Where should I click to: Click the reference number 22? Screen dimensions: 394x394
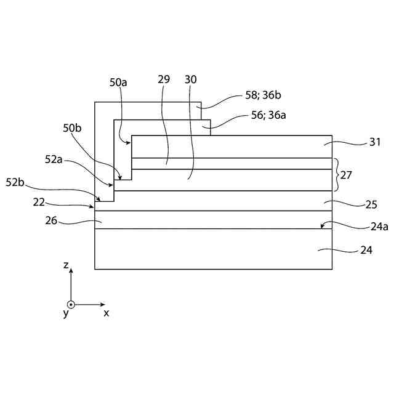39,201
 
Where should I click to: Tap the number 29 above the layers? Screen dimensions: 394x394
163,79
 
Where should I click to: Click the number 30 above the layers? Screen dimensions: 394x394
191,79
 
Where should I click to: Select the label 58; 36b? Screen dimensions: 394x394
263,95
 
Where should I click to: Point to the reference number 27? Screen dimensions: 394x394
346,175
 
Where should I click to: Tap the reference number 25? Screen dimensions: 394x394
371,204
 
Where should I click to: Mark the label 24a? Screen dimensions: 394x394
379,227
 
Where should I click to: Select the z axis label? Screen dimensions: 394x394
66,265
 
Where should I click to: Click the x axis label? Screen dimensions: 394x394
107,313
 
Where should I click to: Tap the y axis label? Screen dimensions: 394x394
65,313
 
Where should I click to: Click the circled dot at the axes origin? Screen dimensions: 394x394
71,304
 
